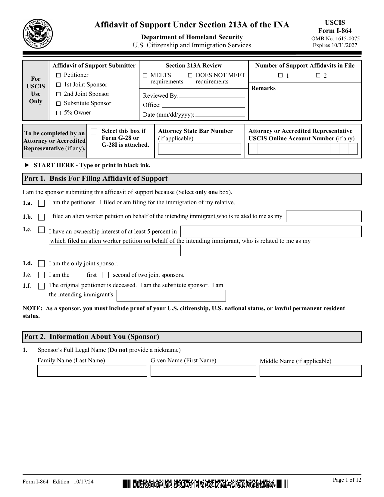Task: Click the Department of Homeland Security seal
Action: (x=38, y=34)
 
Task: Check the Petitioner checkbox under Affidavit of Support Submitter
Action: (x=58, y=75)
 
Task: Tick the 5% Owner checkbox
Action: (x=58, y=113)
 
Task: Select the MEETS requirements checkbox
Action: (x=145, y=75)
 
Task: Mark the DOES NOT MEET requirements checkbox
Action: (x=190, y=75)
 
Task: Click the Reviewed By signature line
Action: (x=211, y=96)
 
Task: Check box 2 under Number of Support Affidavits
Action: (x=318, y=76)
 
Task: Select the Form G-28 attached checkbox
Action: (x=94, y=132)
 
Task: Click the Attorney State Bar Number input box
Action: (x=199, y=149)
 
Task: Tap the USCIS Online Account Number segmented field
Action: (x=303, y=149)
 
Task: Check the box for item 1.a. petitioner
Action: (x=42, y=204)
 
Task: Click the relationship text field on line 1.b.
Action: (x=323, y=217)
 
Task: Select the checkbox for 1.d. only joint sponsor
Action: (x=42, y=264)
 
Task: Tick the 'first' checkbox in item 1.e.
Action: (x=79, y=275)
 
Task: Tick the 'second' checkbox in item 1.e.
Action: (x=105, y=275)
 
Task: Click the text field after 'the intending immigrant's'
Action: (x=171, y=295)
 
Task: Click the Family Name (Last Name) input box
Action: (x=92, y=371)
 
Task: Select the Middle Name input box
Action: (x=310, y=371)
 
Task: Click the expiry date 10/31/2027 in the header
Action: (x=335, y=45)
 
